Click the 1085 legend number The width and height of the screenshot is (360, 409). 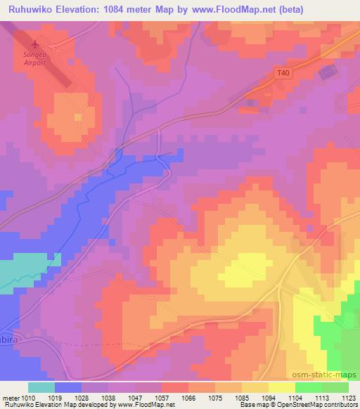[240, 397]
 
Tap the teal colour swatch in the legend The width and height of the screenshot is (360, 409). [41, 387]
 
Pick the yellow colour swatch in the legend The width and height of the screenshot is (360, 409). [281, 387]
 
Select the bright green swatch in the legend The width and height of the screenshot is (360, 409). [308, 387]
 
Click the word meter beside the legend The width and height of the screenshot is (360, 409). [11, 397]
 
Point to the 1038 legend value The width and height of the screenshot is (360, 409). [108, 397]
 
